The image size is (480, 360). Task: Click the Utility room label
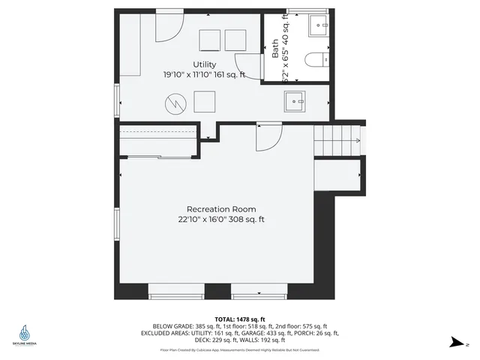(205, 64)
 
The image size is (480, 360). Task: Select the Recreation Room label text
(221, 209)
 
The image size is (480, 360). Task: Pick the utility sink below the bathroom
(294, 101)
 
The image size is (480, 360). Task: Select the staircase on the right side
(337, 139)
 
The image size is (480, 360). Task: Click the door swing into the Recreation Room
(268, 136)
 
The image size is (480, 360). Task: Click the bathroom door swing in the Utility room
(247, 64)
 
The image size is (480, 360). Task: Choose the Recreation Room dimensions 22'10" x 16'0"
(221, 220)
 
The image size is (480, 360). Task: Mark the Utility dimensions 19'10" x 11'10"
(205, 75)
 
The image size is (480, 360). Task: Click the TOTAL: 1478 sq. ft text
(239, 319)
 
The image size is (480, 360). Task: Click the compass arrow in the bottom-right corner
(455, 343)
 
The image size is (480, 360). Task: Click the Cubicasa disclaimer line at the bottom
(239, 349)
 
